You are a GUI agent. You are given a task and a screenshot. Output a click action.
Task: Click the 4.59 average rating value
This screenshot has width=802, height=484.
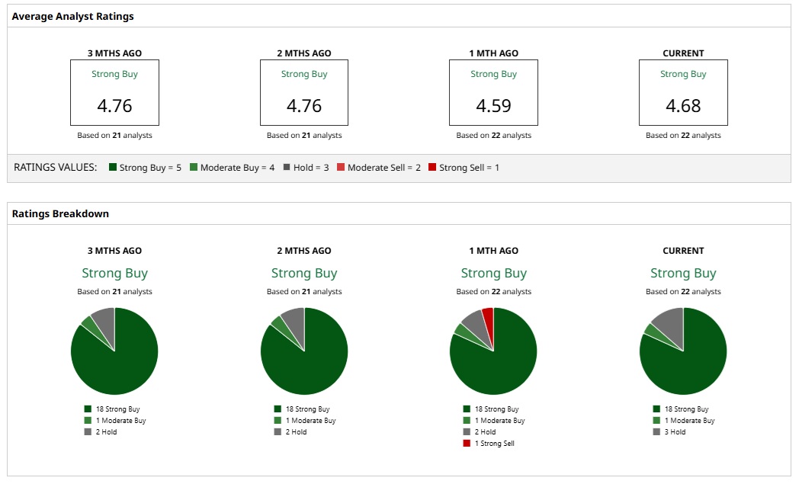click(493, 105)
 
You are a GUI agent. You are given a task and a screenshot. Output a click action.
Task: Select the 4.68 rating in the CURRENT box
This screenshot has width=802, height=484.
click(683, 105)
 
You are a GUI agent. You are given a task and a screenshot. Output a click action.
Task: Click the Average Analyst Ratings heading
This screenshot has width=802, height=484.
click(73, 16)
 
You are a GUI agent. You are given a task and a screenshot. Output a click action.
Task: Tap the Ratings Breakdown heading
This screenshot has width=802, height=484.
click(60, 214)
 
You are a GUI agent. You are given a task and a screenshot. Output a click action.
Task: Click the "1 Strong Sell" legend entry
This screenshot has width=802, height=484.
click(494, 443)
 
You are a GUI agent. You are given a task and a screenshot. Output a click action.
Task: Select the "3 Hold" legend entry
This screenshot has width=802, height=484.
click(674, 431)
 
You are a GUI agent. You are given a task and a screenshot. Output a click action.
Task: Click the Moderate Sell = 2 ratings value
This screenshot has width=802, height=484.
click(383, 168)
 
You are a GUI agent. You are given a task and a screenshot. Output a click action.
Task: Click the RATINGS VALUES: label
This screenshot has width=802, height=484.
click(56, 168)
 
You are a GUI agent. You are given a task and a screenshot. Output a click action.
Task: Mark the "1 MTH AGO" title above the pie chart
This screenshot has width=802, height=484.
click(493, 251)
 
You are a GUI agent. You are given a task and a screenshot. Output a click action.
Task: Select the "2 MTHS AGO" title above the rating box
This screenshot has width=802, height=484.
click(304, 53)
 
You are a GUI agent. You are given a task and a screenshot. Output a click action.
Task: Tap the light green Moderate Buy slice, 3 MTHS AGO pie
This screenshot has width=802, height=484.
click(87, 324)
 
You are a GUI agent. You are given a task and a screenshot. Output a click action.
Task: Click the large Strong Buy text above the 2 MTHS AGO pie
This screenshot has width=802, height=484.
click(304, 273)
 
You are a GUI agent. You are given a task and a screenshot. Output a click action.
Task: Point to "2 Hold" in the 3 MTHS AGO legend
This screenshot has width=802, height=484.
click(104, 431)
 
